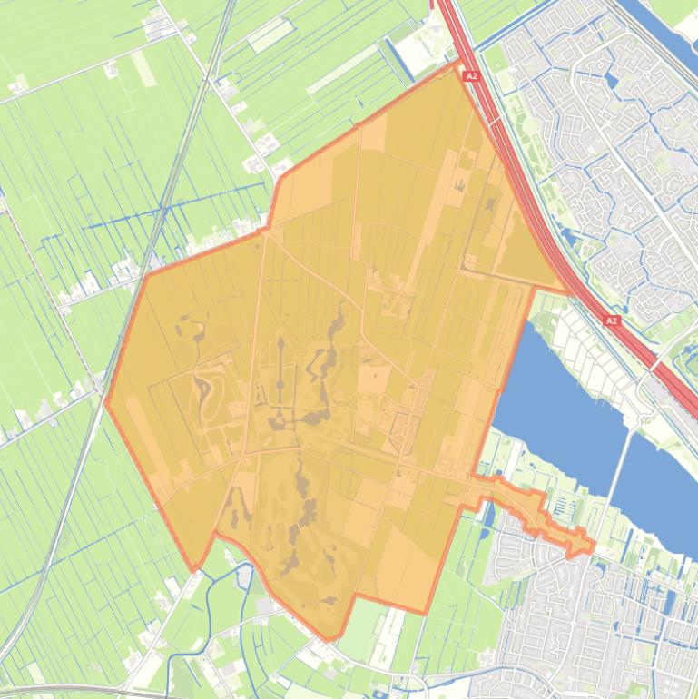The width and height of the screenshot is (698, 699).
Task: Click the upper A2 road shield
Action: (470, 76)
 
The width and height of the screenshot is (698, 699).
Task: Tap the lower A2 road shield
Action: (611, 320)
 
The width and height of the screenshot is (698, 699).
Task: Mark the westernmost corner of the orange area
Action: (106, 403)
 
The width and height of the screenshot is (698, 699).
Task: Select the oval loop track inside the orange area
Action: (211, 390)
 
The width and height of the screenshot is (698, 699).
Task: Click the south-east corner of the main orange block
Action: (425, 612)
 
